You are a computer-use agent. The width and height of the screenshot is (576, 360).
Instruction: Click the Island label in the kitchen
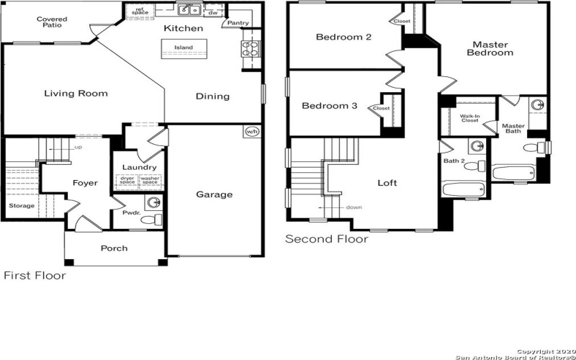pos(184,48)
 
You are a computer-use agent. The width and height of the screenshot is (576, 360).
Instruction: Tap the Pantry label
pos(238,24)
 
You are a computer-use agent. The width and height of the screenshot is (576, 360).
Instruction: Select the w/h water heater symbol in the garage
pos(251,132)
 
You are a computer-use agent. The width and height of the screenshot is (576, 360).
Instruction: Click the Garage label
pos(215,194)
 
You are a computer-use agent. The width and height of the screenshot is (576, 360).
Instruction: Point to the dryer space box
pos(127,181)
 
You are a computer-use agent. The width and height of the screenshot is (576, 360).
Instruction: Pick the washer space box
pos(150,181)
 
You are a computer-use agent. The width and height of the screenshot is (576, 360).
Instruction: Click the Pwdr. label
pos(131,213)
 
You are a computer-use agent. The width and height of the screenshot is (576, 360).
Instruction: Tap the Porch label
pos(114,248)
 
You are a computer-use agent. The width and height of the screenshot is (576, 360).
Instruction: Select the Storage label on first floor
pos(21,206)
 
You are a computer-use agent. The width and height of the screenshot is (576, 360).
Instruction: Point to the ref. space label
pos(140,12)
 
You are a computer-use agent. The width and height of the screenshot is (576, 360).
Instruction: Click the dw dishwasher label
pos(213,13)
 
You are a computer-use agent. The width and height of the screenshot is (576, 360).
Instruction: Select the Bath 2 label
pos(453,161)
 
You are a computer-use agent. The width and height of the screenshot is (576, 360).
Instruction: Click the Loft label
pos(387,183)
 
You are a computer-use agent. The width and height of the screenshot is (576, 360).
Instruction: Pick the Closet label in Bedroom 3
pos(381,109)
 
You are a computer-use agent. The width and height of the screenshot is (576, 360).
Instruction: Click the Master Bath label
pos(513,128)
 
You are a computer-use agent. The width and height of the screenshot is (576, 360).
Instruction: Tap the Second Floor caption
pos(327,239)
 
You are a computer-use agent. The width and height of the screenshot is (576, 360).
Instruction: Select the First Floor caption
pos(35,276)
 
